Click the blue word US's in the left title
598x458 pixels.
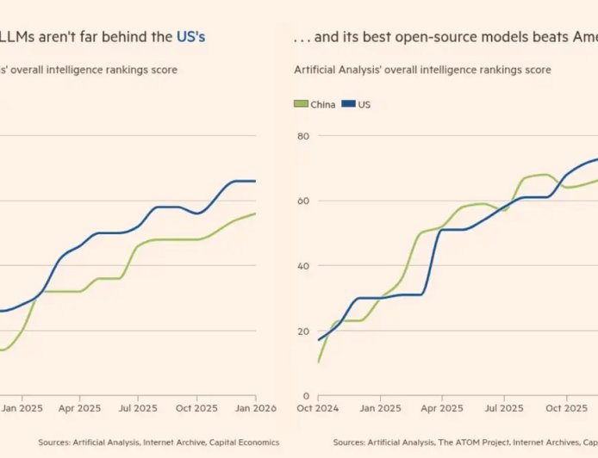click(190, 36)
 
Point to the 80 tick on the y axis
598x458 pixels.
click(303, 136)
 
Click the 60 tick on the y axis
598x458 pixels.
click(303, 201)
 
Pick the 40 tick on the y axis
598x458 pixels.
click(303, 266)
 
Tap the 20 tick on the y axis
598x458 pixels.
click(303, 331)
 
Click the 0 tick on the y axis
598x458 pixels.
click(306, 396)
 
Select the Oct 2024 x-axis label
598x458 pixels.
click(319, 409)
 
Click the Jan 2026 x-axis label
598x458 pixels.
click(256, 409)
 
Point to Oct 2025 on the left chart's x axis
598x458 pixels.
click(197, 409)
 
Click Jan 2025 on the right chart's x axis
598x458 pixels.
click(379, 409)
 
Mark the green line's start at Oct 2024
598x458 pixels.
click(319, 362)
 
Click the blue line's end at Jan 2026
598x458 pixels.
click(256, 181)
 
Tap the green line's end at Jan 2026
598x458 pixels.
click(256, 214)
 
